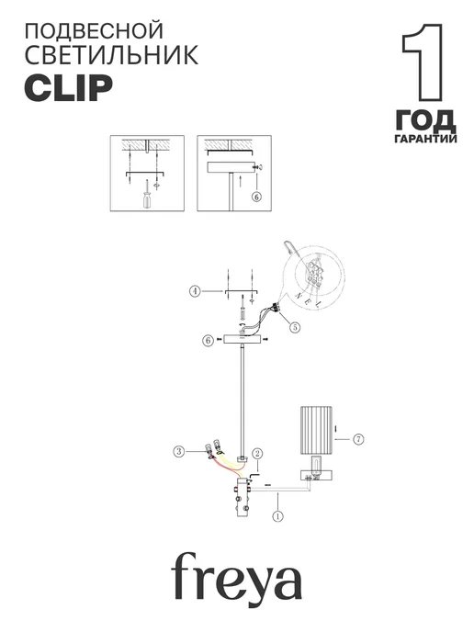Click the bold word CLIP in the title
point(69,88)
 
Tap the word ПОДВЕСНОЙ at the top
point(94,31)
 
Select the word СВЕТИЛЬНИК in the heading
point(111,55)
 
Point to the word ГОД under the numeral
point(425,120)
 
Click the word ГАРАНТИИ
point(425,139)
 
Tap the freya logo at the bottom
point(237,576)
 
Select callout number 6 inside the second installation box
point(256,197)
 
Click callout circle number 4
point(195,291)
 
